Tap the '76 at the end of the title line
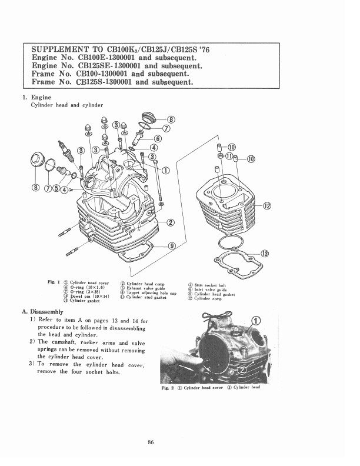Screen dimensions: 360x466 pyautogui.click(x=204, y=49)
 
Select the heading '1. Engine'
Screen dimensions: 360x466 pyautogui.click(x=37, y=98)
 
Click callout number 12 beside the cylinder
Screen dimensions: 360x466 pyautogui.click(x=266, y=206)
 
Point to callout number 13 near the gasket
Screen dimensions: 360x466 pyautogui.click(x=264, y=254)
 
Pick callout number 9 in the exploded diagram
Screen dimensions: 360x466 pyautogui.click(x=172, y=246)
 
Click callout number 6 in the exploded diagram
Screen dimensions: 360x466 pyautogui.click(x=158, y=138)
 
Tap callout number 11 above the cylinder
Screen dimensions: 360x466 pyautogui.click(x=229, y=156)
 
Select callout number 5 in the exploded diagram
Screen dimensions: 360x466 pyautogui.click(x=56, y=188)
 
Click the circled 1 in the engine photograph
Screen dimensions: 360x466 pyautogui.click(x=256, y=321)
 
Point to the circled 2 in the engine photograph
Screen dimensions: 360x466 pyautogui.click(x=242, y=370)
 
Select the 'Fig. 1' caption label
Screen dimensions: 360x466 pyautogui.click(x=54, y=282)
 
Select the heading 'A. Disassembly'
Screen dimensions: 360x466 pyautogui.click(x=42, y=312)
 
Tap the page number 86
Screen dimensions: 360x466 pyautogui.click(x=151, y=442)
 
